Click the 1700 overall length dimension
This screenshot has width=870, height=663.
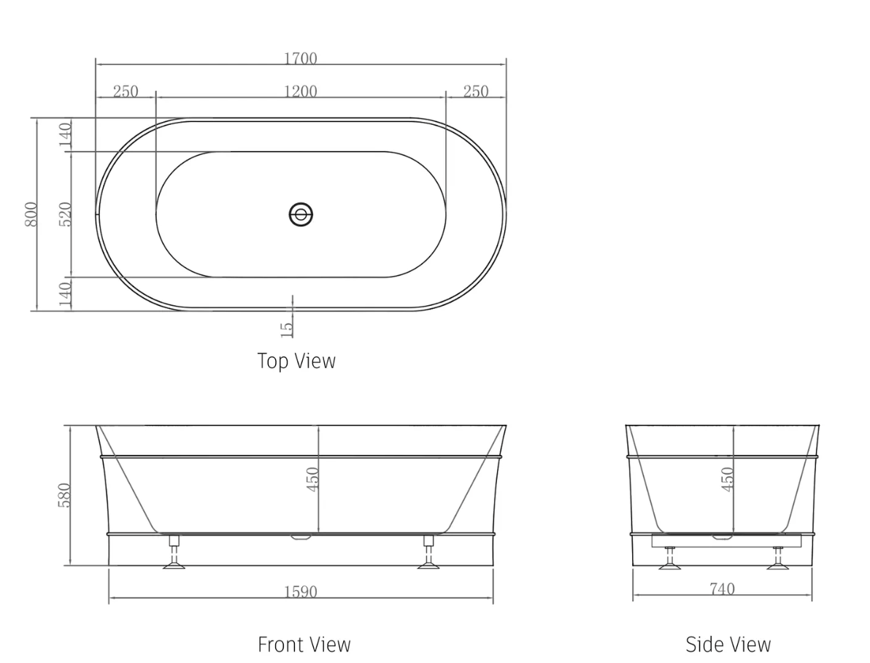[x=300, y=58]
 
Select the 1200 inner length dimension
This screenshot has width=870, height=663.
[x=300, y=91]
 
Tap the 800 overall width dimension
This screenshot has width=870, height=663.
[x=31, y=214]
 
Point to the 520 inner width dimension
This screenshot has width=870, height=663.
[x=66, y=214]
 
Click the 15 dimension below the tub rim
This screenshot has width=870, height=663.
[x=287, y=328]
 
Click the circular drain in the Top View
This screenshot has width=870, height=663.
[x=300, y=215]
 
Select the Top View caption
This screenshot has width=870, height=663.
[x=296, y=361]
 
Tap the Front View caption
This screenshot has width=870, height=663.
[x=304, y=645]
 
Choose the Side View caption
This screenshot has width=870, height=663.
[x=728, y=645]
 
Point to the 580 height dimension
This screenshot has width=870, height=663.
[x=65, y=495]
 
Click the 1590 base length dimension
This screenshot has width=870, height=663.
[x=300, y=591]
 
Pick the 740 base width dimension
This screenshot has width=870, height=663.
[x=721, y=589]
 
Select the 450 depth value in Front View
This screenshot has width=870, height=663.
[x=312, y=479]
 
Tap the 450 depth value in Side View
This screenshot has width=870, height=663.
[x=727, y=479]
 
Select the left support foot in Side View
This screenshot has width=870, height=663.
[x=668, y=558]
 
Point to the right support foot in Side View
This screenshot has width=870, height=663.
[x=778, y=558]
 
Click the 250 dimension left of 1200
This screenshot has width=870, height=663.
[x=126, y=91]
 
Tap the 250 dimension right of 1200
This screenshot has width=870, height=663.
[x=475, y=91]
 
